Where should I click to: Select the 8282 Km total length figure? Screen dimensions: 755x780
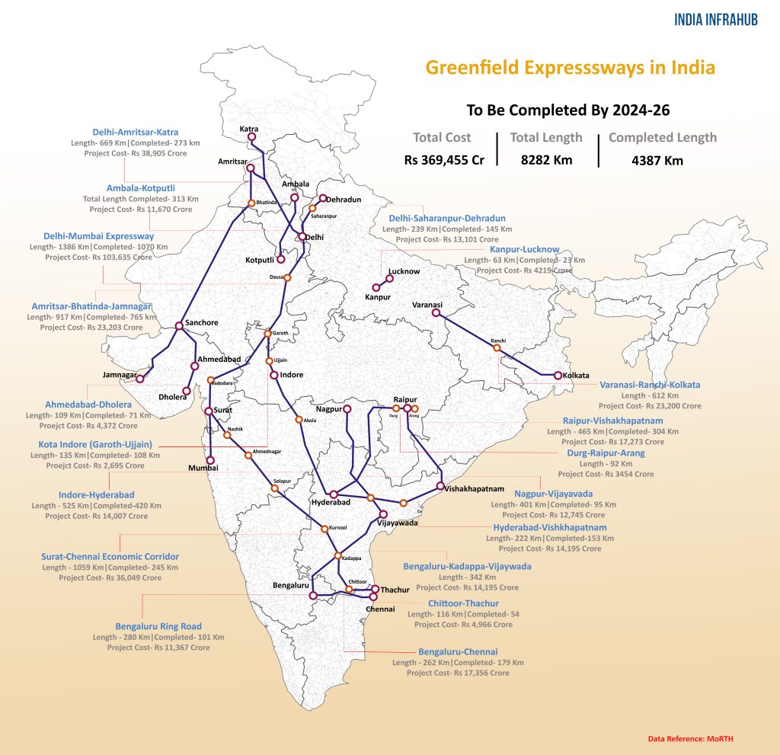tap(546, 160)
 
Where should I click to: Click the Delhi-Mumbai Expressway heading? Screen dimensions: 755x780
tap(100, 236)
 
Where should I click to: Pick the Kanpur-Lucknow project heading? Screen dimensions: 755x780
tap(525, 249)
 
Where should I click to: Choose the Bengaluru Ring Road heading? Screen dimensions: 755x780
tap(158, 626)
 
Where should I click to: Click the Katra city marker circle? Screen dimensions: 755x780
tap(252, 138)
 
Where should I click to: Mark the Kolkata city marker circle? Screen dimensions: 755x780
tap(558, 376)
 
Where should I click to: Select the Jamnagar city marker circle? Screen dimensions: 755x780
tap(139, 379)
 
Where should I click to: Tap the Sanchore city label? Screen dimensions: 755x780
tap(201, 322)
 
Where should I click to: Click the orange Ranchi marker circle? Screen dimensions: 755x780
tap(497, 348)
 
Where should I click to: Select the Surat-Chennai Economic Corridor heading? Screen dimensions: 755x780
tap(110, 557)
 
